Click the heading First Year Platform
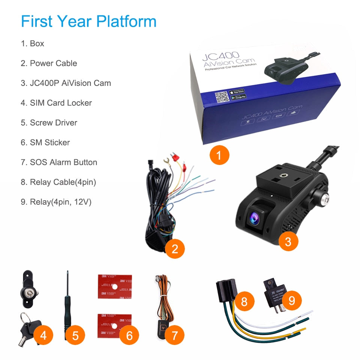point(88,21)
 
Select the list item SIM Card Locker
point(56,103)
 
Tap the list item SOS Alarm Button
point(59,162)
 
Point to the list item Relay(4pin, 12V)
point(56,202)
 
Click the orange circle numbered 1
point(219,154)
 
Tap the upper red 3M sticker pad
point(114,286)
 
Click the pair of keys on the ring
point(26,328)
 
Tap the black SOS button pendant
point(163,326)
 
